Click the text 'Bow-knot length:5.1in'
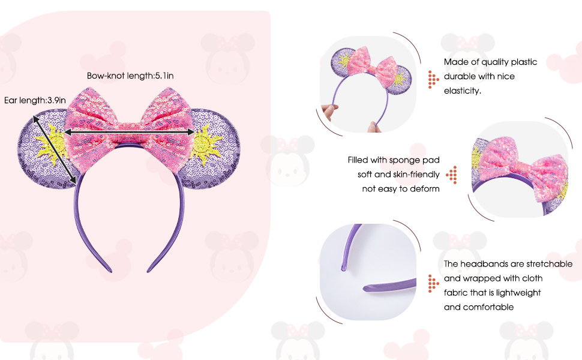point(130,76)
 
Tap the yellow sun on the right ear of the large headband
point(206,143)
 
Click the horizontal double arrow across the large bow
point(129,131)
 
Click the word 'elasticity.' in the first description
point(463,91)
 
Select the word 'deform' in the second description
point(425,188)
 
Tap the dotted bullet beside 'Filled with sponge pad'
point(452,175)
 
